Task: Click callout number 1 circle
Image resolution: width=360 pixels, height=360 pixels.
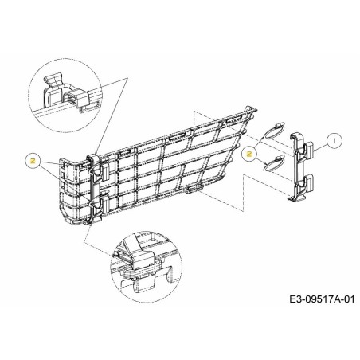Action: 335,139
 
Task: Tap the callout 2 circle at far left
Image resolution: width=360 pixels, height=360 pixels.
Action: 33,160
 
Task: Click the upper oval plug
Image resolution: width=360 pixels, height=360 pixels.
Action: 272,132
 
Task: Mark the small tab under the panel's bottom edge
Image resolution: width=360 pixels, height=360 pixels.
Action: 192,191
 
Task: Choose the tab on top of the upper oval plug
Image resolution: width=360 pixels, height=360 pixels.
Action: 279,124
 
